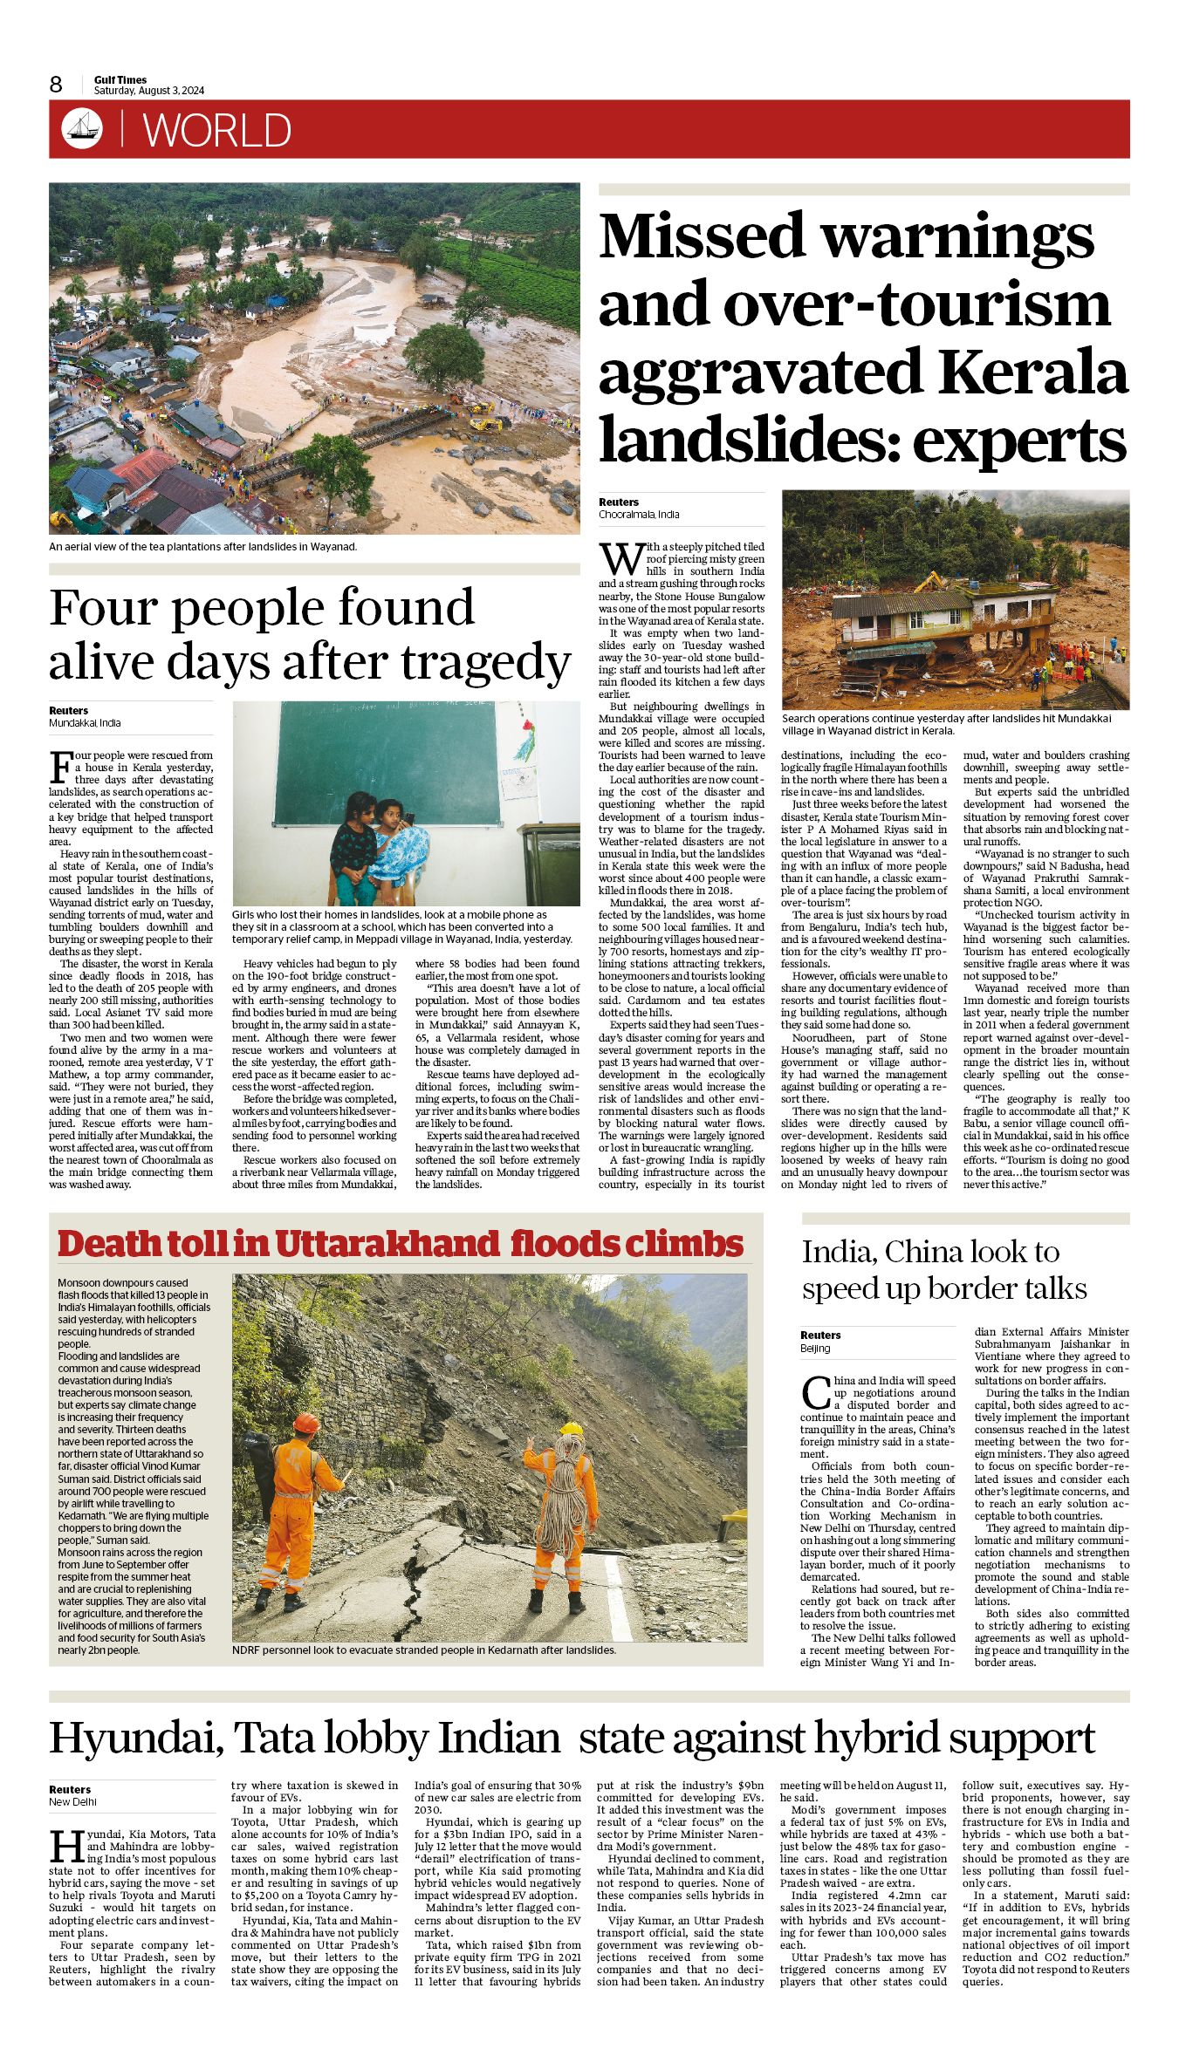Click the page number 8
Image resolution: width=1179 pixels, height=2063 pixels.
pyautogui.click(x=56, y=84)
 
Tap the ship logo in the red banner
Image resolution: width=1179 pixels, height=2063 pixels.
pyautogui.click(x=82, y=129)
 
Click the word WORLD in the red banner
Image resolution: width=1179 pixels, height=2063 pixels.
pyautogui.click(x=217, y=131)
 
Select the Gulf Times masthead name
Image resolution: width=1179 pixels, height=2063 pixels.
pyautogui.click(x=120, y=79)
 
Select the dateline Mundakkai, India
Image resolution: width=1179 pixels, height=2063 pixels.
pyautogui.click(x=85, y=723)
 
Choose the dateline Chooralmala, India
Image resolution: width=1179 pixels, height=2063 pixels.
pyautogui.click(x=639, y=515)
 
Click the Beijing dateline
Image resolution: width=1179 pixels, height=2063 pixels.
pyautogui.click(x=815, y=1348)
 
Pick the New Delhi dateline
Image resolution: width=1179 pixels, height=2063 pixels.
pyautogui.click(x=72, y=1801)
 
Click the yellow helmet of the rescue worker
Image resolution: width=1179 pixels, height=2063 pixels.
pyautogui.click(x=571, y=1430)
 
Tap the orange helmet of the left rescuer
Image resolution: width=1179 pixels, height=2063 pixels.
pyautogui.click(x=305, y=1423)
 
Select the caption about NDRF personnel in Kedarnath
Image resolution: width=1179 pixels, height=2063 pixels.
pyautogui.click(x=424, y=1650)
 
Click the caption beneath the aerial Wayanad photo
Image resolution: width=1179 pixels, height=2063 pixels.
pyautogui.click(x=202, y=547)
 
